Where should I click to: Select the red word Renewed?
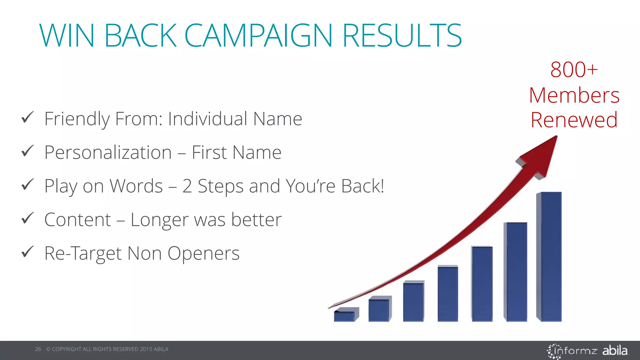point(574,120)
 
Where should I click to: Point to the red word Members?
point(574,95)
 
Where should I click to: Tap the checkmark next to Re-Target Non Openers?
point(27,252)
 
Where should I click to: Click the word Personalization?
point(108,152)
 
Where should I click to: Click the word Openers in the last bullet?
point(203,253)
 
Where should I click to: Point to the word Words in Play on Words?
point(136,186)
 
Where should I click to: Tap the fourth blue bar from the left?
point(448,294)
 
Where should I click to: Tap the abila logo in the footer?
point(615,350)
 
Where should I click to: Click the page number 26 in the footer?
point(38,349)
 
